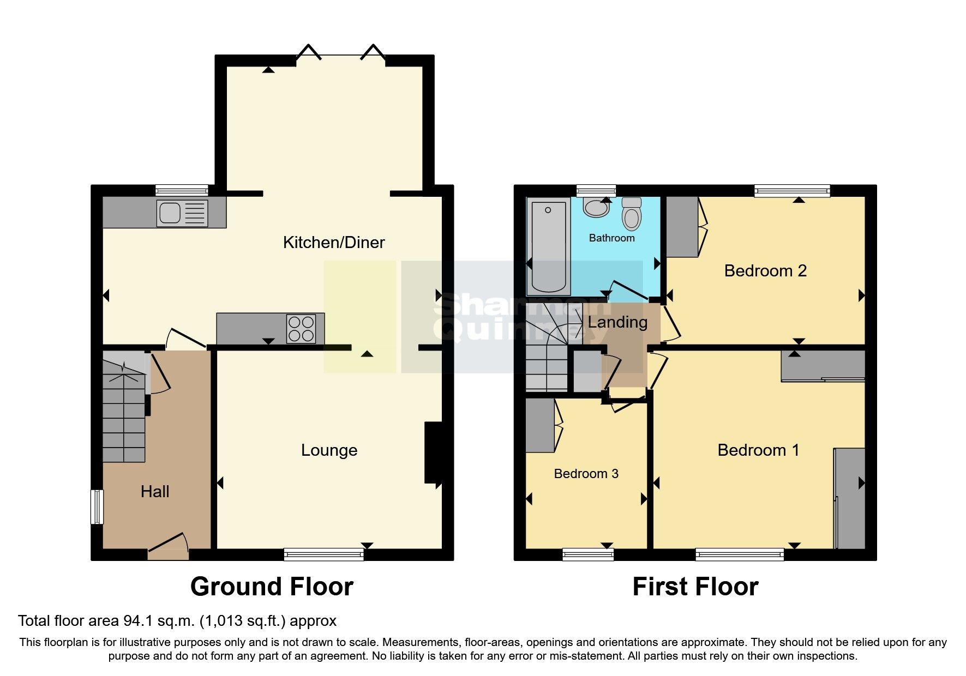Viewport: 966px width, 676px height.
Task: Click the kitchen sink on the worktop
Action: [182, 213]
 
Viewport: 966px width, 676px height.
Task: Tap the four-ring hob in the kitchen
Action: [301, 329]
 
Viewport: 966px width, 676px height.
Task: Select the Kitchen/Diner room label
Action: [334, 243]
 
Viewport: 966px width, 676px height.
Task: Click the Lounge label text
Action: [329, 450]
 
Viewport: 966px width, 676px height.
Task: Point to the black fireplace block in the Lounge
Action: [434, 452]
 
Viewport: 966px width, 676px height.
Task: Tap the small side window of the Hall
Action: [97, 506]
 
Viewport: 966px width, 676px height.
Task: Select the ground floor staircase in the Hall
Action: [124, 414]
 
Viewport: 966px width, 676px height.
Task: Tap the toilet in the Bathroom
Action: [632, 214]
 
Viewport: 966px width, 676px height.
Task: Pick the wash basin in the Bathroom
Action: [596, 208]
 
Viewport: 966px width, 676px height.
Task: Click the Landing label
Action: [617, 322]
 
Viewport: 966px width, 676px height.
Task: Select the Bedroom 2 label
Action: [765, 271]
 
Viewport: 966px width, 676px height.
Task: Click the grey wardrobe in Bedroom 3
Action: [540, 426]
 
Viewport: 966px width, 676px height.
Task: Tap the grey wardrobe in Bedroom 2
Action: [682, 227]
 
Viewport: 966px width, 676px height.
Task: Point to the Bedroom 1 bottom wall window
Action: [739, 555]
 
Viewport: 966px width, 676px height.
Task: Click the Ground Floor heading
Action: [272, 587]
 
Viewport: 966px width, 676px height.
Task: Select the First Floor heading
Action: [695, 587]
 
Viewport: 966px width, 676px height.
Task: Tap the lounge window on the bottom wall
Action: [323, 555]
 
